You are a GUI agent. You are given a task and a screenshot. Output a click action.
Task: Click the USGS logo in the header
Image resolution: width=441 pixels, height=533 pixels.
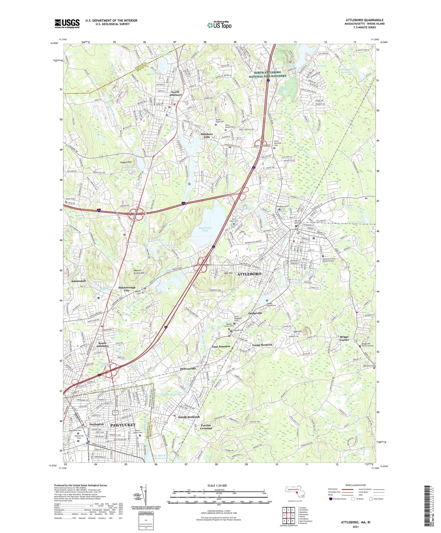click(x=67, y=24)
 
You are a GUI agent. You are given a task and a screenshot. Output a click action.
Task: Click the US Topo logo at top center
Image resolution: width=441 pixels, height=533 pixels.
click(x=219, y=25)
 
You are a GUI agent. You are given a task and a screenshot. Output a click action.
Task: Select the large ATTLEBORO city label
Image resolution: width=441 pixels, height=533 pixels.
click(x=249, y=274)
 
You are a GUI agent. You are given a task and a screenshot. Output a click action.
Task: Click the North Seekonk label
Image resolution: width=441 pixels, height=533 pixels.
click(x=189, y=417)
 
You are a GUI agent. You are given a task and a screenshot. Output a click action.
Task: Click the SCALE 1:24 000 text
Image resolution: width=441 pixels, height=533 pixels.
click(x=217, y=486)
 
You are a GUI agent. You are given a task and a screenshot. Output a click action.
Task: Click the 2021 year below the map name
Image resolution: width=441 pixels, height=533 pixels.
click(x=355, y=527)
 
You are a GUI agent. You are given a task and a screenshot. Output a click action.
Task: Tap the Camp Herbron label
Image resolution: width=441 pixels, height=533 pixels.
click(x=262, y=345)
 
